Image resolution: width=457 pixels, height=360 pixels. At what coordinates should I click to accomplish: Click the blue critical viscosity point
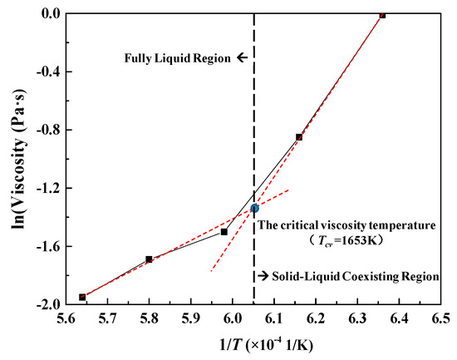pos(254,208)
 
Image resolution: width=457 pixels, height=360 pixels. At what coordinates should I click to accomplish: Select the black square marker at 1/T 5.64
pos(82,297)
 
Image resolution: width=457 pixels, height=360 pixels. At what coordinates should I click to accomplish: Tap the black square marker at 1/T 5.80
pos(149,259)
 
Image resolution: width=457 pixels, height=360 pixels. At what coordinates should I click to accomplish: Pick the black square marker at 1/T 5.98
pos(224,231)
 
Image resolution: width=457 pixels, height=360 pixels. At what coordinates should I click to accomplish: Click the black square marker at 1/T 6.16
pos(299,137)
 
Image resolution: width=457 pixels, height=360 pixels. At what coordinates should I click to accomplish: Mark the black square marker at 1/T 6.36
pos(382,15)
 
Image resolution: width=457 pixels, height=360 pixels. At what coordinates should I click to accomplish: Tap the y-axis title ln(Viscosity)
pos(17,158)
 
